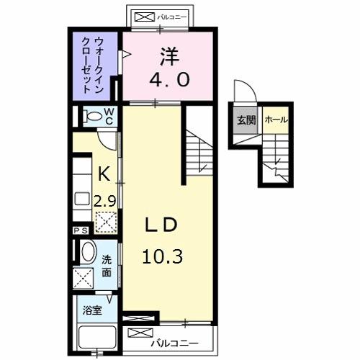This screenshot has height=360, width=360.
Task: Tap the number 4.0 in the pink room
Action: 170,79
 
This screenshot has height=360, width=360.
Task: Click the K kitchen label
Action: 102,174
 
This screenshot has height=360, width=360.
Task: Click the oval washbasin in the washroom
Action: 87,251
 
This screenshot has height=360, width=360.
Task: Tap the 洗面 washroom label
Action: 106,266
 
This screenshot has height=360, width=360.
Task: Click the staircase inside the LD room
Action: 199,151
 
